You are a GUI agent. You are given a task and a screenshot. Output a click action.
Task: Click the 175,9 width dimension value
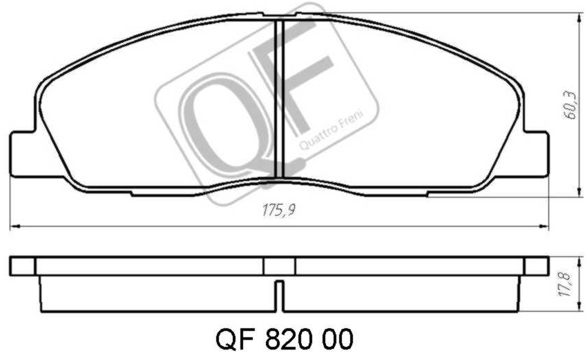click(278, 210)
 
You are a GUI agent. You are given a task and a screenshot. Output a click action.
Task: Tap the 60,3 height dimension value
click(570, 106)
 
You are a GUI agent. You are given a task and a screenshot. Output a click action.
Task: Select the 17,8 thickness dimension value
click(565, 285)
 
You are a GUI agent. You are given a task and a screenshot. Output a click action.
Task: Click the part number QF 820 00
click(284, 340)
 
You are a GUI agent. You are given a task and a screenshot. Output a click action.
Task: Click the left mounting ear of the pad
click(23, 153)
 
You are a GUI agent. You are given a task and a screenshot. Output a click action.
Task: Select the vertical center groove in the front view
click(280, 98)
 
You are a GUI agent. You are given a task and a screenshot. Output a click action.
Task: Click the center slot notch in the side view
click(280, 296)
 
